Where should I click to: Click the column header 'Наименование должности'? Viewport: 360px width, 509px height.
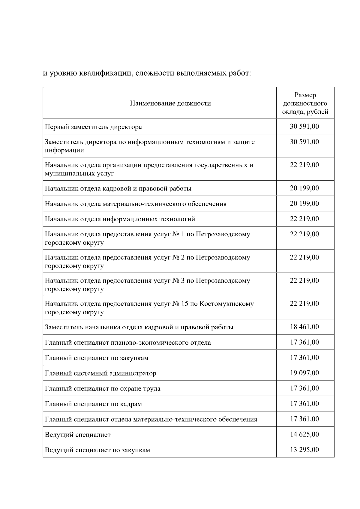[170, 103]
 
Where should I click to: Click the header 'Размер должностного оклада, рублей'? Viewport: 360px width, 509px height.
[305, 103]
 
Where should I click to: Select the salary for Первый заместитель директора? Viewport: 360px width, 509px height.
[304, 127]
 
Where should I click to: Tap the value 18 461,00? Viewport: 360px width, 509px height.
[304, 327]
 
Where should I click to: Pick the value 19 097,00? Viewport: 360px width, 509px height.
[304, 373]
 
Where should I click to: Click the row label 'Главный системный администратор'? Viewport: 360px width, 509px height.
[100, 373]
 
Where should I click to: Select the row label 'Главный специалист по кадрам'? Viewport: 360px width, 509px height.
[93, 404]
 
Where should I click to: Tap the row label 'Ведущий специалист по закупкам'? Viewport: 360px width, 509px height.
[97, 450]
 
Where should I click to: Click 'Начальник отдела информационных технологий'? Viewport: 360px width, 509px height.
[120, 219]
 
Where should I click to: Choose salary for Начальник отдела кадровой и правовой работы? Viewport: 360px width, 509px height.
[304, 188]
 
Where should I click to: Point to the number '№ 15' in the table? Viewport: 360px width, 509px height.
[180, 304]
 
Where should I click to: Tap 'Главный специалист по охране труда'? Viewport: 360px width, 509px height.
[103, 389]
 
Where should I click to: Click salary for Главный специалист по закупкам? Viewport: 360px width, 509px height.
[304, 358]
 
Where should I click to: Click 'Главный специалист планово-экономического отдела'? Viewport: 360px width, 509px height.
[128, 343]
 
